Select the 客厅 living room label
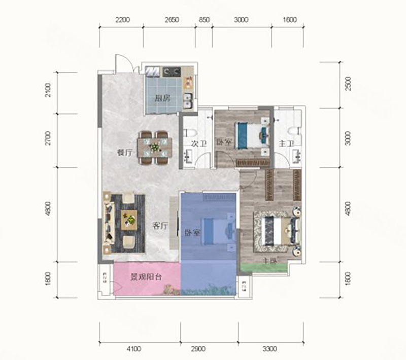coord(160,227)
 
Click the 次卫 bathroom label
coord(198,143)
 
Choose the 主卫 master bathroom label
coord(286,144)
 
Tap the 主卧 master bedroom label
coord(269,262)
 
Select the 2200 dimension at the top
coord(123,20)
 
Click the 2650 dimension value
coord(173,20)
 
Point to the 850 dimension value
coord(204,20)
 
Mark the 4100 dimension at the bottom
coord(133,349)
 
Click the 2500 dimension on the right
coord(348,84)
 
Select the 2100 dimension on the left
coord(48,92)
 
